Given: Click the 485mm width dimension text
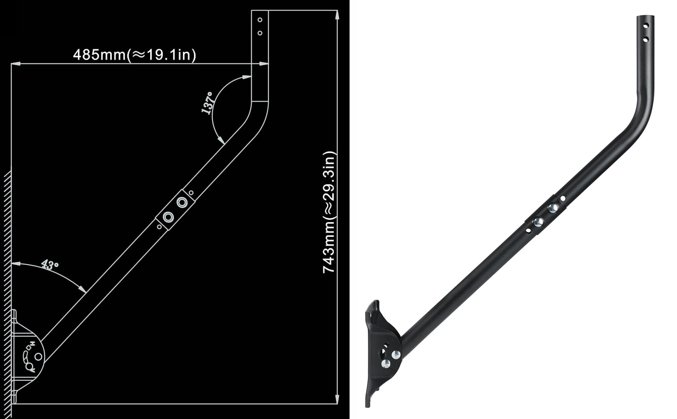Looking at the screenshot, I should [x=134, y=54].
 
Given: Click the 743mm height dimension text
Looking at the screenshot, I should [x=330, y=212].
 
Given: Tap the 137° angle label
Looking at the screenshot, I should [x=208, y=103].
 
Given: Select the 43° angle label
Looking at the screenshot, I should [x=50, y=265].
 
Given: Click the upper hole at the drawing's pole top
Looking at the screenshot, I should [x=260, y=20].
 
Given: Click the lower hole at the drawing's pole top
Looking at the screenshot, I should [x=260, y=33].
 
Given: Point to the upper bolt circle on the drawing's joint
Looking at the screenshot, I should [x=182, y=202].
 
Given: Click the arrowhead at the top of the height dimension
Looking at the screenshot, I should [x=337, y=15].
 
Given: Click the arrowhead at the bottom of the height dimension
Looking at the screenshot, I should [x=337, y=399].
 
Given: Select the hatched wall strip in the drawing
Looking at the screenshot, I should [x=7, y=294].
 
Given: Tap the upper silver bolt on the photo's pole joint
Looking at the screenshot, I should [x=553, y=208].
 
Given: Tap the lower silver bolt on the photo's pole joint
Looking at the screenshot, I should [x=538, y=222].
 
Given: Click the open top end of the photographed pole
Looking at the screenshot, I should [x=645, y=17].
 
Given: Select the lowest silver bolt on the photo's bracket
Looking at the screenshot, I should [x=386, y=363].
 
